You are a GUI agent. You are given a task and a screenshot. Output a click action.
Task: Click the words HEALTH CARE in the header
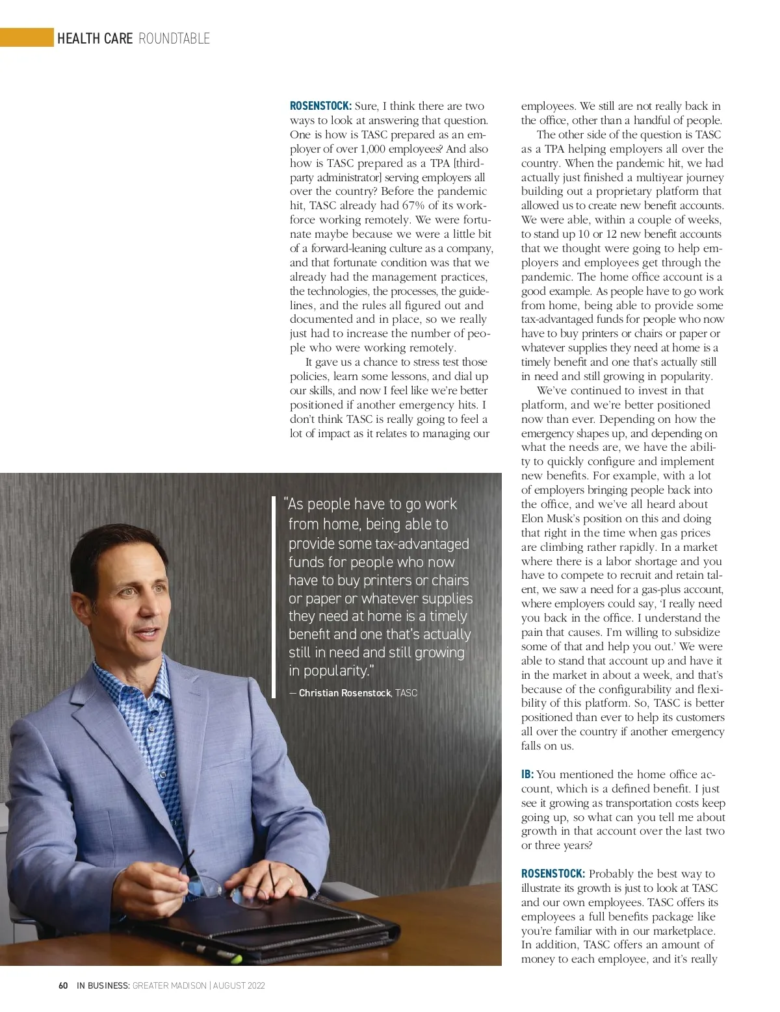95,38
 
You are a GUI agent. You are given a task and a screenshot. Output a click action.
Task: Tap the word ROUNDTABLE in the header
174,38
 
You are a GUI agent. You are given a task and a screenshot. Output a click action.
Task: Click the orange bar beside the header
27,38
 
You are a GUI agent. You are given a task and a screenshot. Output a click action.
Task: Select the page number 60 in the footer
63,985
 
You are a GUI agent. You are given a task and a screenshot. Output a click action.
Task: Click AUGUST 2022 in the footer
239,985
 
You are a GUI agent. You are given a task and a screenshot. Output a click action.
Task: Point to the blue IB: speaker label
527,774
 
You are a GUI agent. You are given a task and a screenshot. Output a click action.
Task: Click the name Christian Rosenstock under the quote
344,693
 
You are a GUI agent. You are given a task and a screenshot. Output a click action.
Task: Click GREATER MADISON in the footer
169,985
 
